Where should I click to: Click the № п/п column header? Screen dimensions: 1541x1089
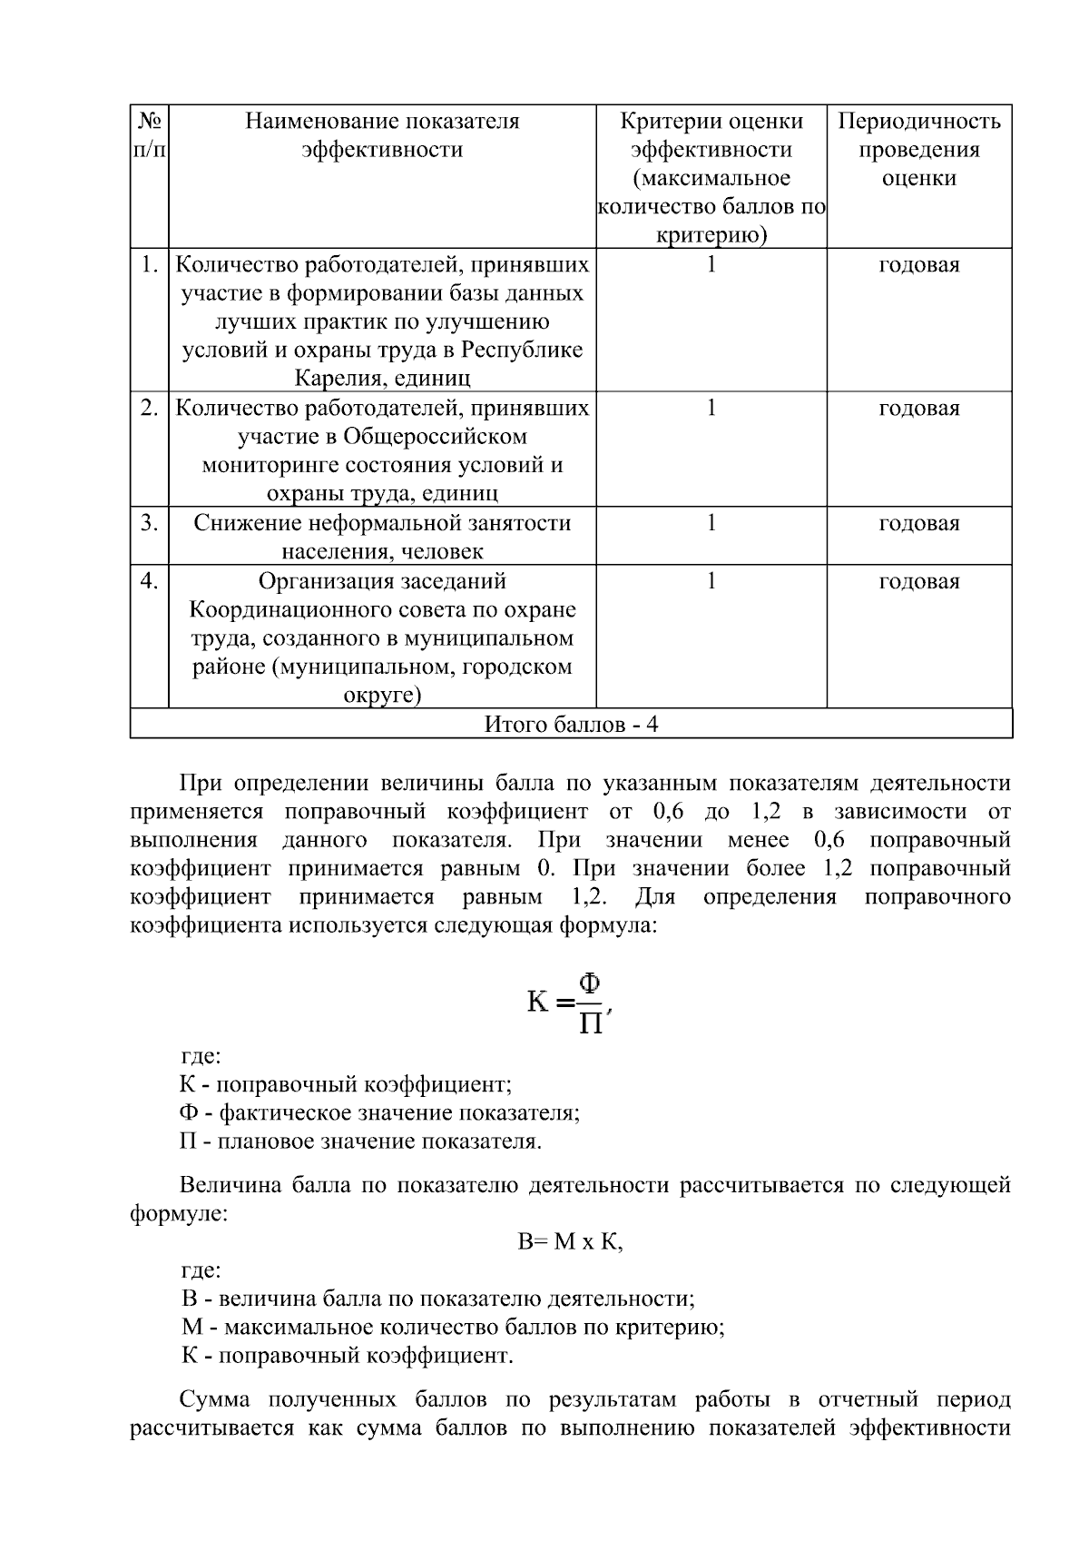coord(150,135)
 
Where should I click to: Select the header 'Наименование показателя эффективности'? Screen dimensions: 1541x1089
coord(382,135)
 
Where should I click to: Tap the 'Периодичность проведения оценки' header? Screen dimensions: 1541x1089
coord(918,150)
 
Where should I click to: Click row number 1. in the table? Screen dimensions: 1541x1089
coord(150,265)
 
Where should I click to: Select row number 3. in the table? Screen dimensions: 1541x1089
coord(150,523)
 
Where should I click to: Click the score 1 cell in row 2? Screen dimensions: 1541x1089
coord(711,409)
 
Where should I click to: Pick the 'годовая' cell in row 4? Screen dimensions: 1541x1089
coord(918,581)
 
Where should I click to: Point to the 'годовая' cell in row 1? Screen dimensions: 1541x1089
coord(918,265)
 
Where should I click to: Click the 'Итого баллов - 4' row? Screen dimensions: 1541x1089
coord(571,725)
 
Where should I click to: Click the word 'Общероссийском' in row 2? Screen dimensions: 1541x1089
coord(434,437)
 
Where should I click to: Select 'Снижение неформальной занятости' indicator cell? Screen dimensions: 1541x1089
coord(382,524)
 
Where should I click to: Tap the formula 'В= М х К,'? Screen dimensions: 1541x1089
coord(570,1242)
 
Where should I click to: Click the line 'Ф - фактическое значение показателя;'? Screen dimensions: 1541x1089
coord(379,1113)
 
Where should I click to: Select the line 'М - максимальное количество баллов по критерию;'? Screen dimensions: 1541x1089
coord(453,1328)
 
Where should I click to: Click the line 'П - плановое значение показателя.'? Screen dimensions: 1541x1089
coord(360,1141)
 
